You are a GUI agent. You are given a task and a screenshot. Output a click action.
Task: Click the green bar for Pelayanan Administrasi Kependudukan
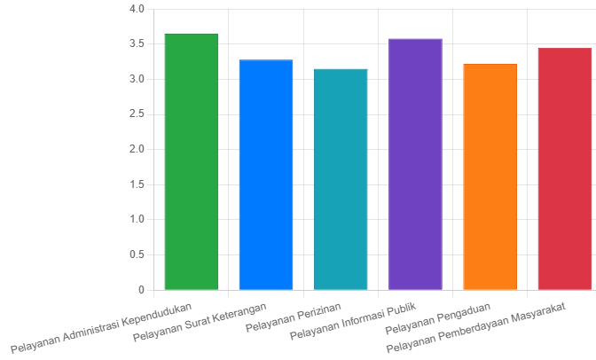[191, 162]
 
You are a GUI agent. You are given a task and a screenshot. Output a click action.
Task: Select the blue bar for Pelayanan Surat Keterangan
[265, 175]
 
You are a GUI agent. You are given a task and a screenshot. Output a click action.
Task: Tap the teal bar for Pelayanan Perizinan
[341, 179]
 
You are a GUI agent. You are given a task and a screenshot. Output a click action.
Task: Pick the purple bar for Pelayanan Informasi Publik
[415, 165]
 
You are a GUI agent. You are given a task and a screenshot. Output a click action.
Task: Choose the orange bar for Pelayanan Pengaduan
[490, 177]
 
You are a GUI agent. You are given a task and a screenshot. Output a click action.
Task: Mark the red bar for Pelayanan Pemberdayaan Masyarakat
[564, 169]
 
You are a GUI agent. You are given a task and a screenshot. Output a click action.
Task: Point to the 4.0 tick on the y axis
[136, 10]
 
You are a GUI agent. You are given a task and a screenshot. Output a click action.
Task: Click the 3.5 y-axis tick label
[136, 44]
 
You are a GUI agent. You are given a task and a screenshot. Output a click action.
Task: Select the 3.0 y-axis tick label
[136, 80]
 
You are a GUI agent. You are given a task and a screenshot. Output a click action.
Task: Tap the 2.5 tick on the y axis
[136, 114]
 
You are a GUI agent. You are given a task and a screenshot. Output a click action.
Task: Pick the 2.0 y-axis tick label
[136, 150]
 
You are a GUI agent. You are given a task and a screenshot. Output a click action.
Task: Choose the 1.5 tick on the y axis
[136, 184]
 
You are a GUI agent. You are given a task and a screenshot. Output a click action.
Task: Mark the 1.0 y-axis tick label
[136, 220]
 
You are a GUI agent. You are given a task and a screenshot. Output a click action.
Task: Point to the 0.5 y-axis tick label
[136, 255]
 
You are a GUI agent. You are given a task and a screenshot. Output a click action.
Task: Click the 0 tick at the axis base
[140, 290]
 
